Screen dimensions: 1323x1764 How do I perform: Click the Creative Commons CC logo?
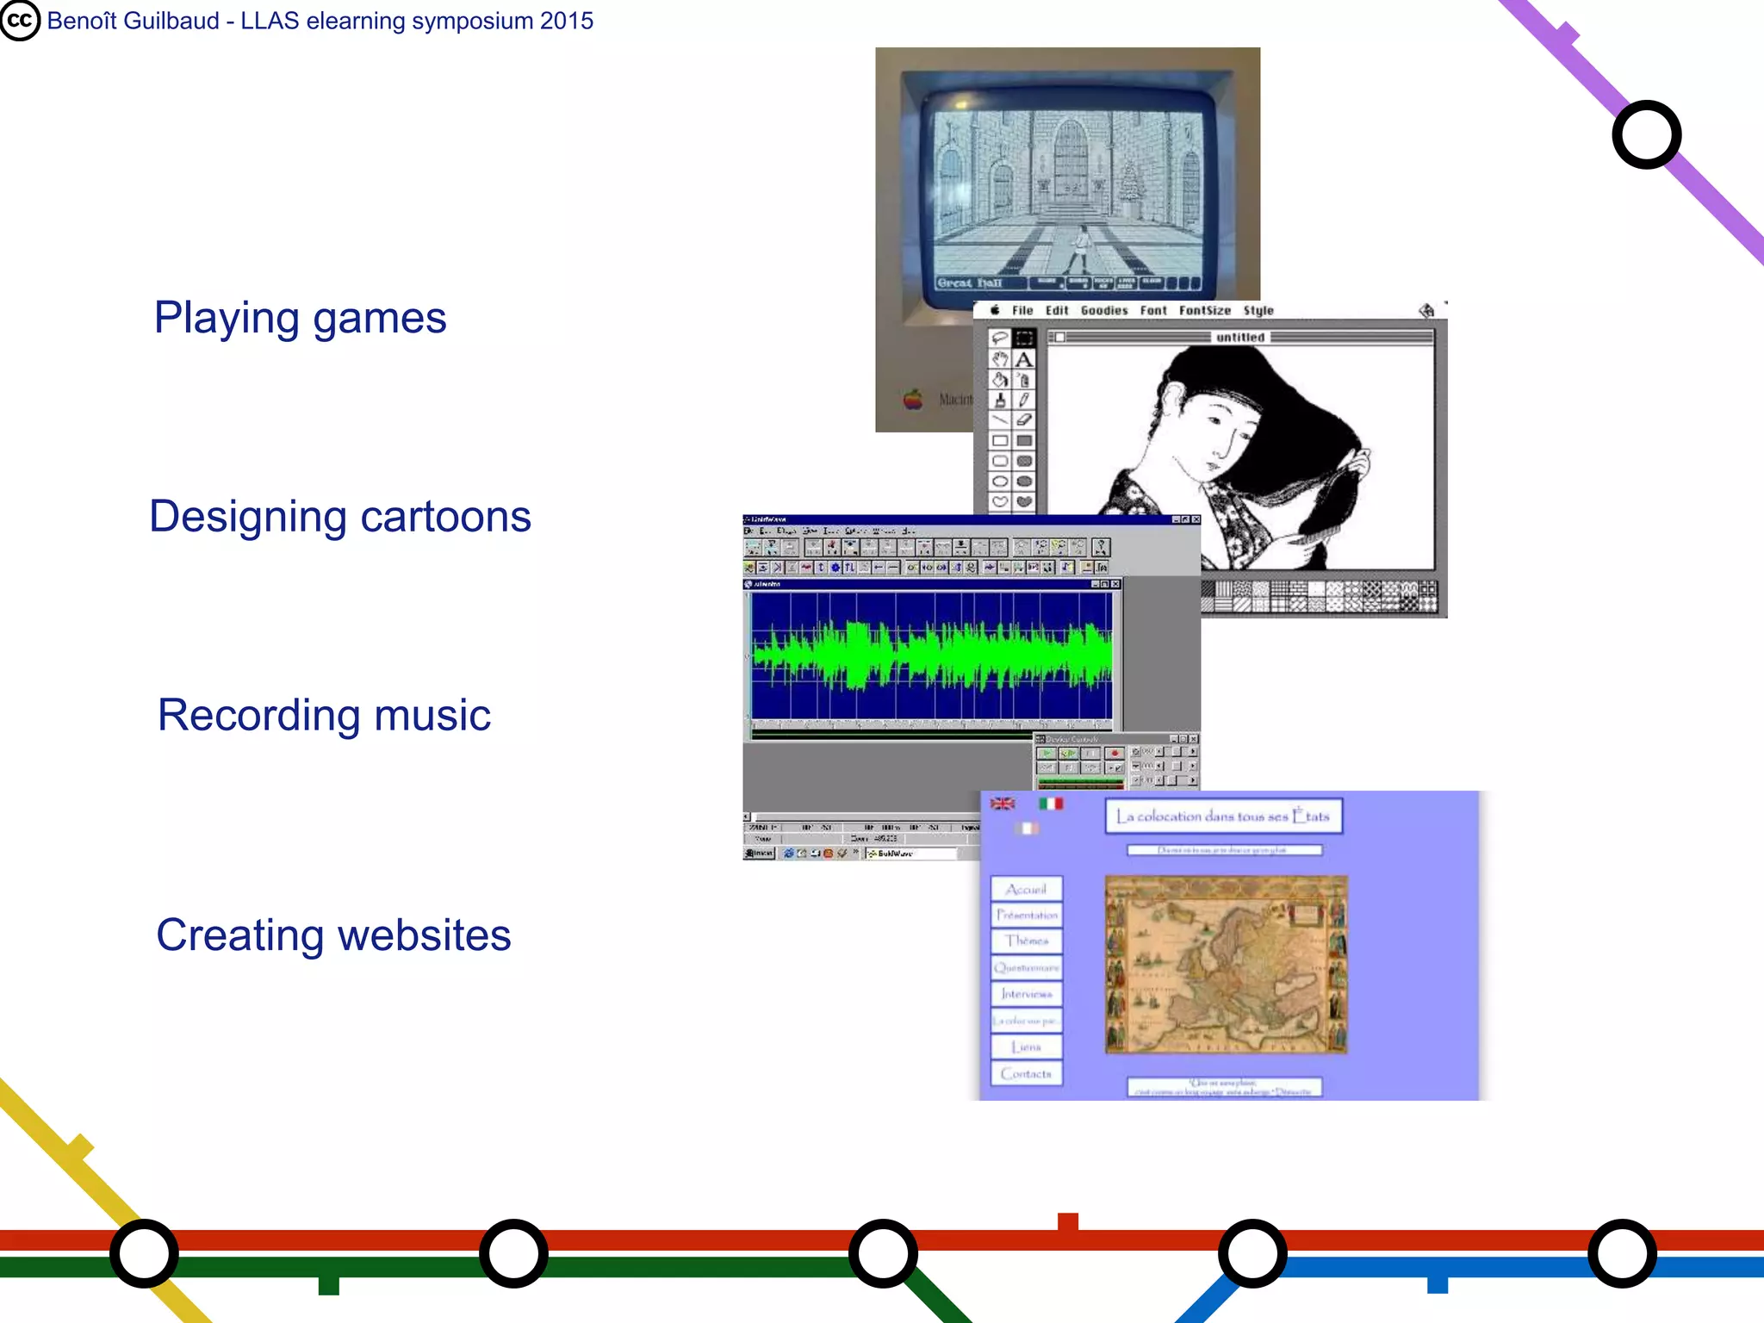[20, 21]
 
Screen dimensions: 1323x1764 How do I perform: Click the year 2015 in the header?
[566, 21]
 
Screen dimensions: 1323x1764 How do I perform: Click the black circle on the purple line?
[1646, 135]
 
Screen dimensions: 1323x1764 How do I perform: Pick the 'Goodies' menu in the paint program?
[1103, 311]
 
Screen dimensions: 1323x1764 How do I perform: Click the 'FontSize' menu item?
[1204, 311]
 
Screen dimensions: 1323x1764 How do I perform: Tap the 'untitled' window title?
[1239, 338]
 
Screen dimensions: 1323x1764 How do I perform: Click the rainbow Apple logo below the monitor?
[913, 399]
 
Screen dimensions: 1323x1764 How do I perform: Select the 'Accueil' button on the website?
[1026, 889]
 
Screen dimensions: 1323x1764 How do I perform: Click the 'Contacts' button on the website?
[1026, 1074]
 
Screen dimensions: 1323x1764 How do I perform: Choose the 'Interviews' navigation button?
[1026, 994]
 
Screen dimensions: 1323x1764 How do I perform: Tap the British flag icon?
[1003, 804]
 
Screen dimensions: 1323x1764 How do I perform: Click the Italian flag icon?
[1050, 804]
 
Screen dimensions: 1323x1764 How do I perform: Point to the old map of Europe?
[1226, 965]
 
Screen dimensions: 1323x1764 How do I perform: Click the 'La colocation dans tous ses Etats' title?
[1223, 817]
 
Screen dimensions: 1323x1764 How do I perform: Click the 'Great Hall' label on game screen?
[970, 283]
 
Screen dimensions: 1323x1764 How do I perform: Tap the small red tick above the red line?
[1067, 1221]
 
